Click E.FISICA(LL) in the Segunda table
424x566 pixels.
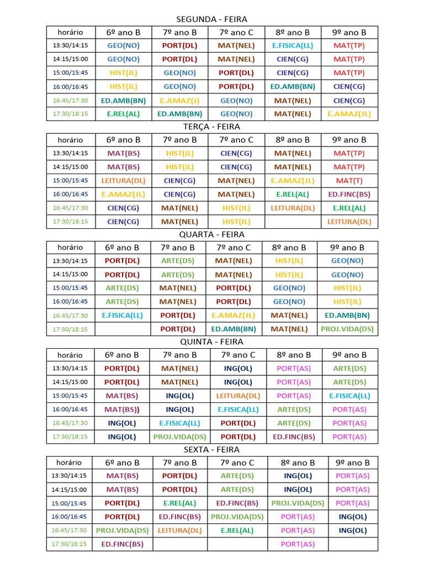pyautogui.click(x=293, y=45)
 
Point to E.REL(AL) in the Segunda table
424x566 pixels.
pyautogui.click(x=123, y=114)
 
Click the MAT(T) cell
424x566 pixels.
pyautogui.click(x=349, y=180)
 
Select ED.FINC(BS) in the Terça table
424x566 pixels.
pyautogui.click(x=349, y=194)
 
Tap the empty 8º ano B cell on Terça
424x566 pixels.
pyautogui.click(x=293, y=222)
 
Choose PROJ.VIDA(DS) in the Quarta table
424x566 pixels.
pyautogui.click(x=347, y=329)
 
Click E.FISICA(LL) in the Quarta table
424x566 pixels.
pyautogui.click(x=122, y=315)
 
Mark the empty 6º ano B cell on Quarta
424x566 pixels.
pyautogui.click(x=122, y=329)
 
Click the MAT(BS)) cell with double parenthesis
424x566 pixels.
pyautogui.click(x=122, y=410)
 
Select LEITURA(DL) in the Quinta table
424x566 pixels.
pyautogui.click(x=238, y=396)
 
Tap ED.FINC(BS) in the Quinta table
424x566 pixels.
pyautogui.click(x=294, y=437)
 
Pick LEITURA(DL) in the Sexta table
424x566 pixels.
pyautogui.click(x=179, y=530)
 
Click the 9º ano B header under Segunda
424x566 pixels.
pyautogui.click(x=349, y=32)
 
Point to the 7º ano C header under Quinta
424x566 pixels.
pyautogui.click(x=238, y=355)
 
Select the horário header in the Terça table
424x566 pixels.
pyautogui.click(x=70, y=140)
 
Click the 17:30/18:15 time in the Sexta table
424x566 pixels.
pyautogui.click(x=69, y=544)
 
